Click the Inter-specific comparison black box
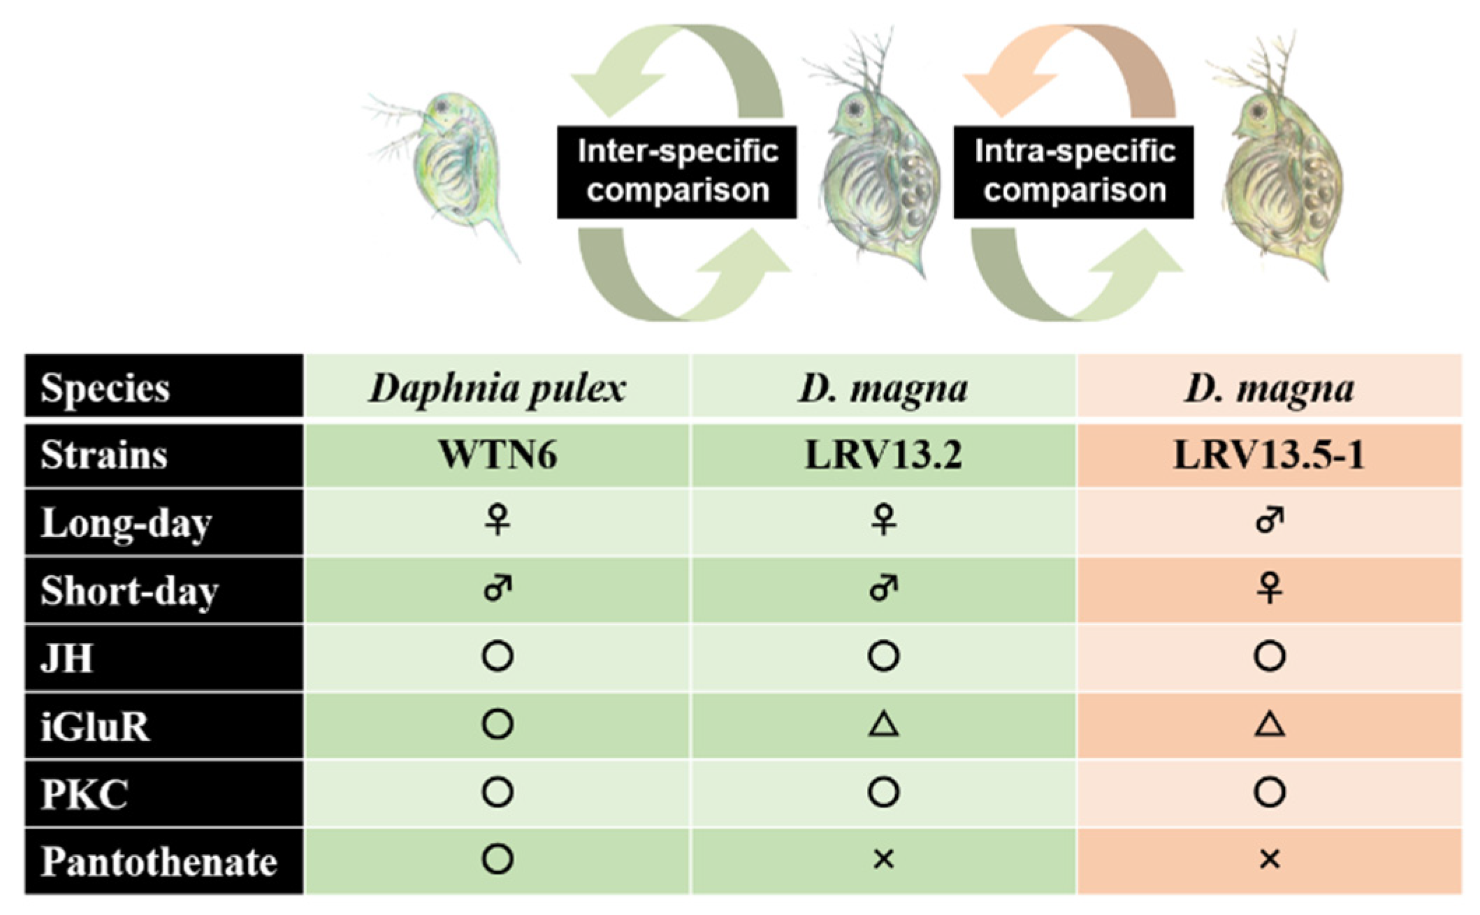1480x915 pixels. tap(676, 172)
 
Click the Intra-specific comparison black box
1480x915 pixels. tap(1073, 172)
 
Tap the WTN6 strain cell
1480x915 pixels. tap(497, 455)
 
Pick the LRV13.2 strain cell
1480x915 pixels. tap(883, 455)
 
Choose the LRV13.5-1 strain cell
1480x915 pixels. tap(1269, 455)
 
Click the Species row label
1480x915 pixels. tap(105, 388)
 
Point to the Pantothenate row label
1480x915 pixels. tap(159, 861)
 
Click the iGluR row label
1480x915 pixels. tap(95, 726)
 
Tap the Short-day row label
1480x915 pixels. tap(129, 591)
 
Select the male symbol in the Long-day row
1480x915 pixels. tap(1269, 520)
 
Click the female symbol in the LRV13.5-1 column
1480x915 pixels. tap(1269, 588)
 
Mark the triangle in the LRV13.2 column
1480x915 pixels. tap(883, 724)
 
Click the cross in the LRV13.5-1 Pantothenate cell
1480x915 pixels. tap(1269, 859)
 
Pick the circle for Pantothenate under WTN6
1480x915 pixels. tap(498, 859)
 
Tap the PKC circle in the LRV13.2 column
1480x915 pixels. tap(883, 792)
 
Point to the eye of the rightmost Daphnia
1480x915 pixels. tap(1258, 110)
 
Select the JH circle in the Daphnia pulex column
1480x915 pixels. tap(498, 657)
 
